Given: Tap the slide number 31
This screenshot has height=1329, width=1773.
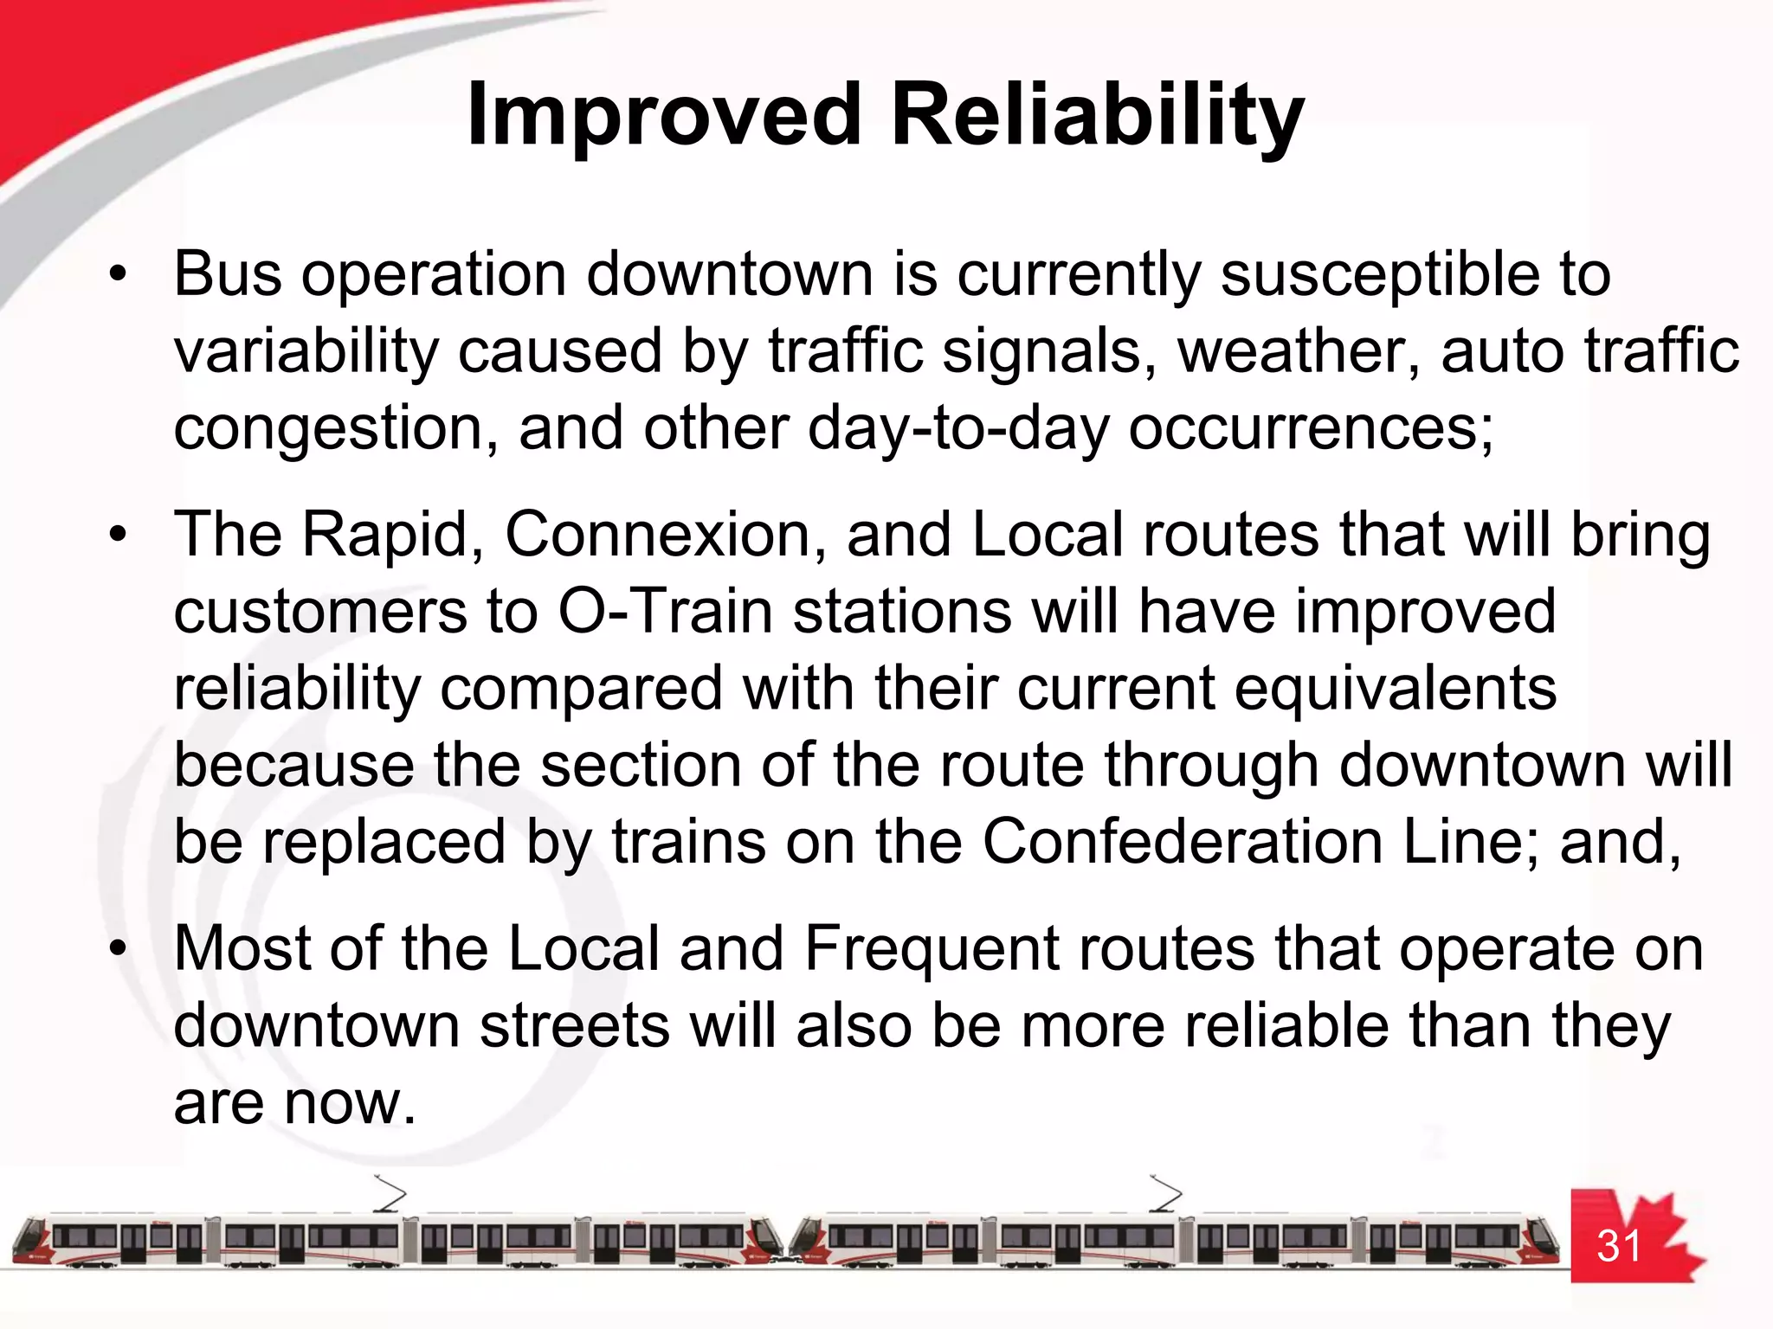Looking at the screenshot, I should coord(1619,1246).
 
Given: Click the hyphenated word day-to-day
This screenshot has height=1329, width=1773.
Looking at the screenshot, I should coord(957,430).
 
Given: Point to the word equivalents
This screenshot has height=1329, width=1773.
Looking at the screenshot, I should coord(1395,690).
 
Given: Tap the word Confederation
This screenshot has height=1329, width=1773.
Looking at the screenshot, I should coord(1182,843).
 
